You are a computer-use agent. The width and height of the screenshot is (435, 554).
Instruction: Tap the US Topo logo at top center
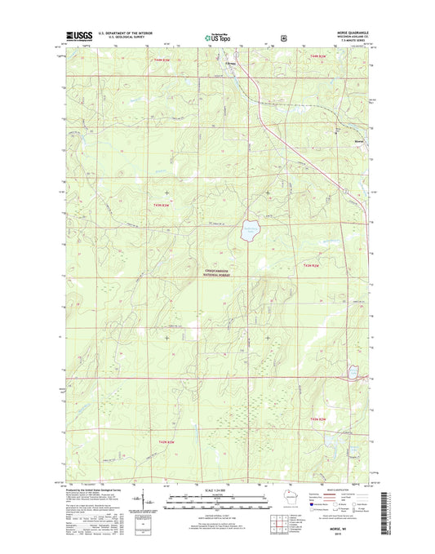pyautogui.click(x=216, y=37)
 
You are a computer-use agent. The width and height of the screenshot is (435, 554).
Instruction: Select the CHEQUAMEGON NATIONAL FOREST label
pyautogui.click(x=219, y=274)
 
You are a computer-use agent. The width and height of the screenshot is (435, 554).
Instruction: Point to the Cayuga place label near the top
pyautogui.click(x=232, y=63)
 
